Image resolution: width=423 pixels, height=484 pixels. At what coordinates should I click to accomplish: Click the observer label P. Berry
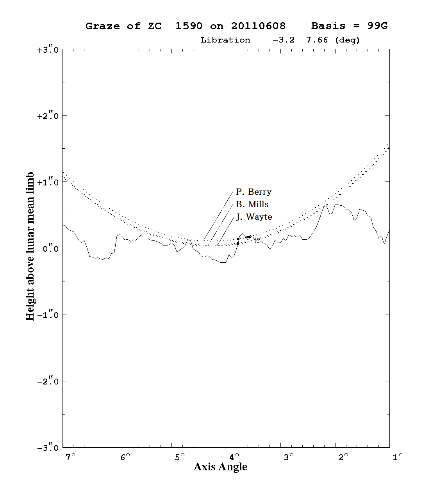coord(253,192)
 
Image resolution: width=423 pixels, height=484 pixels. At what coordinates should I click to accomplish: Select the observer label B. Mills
coord(252,205)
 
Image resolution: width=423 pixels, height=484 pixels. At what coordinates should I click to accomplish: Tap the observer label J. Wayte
coord(254,217)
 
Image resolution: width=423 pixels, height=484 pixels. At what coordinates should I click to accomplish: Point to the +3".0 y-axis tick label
coord(48,50)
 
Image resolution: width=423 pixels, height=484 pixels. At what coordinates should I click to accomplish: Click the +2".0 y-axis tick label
coord(48,116)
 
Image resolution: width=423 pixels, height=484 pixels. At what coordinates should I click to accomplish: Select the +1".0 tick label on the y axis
coord(48,182)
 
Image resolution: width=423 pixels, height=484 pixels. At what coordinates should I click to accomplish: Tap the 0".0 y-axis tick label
coord(50,249)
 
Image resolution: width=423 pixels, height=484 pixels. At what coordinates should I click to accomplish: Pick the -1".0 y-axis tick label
coord(48,315)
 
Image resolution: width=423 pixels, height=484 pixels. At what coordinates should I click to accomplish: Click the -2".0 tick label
coord(48,382)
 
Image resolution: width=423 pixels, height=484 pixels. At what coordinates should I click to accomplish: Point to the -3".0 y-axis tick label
coord(48,448)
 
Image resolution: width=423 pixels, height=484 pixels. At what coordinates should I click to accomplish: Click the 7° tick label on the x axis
coord(71,457)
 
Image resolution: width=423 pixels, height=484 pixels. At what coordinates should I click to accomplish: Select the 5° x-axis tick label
coord(180,457)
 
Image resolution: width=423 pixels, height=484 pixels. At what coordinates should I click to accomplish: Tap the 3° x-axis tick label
coord(289,457)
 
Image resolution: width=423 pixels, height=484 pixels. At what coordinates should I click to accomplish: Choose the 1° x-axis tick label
coord(398,457)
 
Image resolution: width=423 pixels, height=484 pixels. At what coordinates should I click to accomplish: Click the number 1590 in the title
coord(189,26)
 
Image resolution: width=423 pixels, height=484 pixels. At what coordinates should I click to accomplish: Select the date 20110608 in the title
coord(259,26)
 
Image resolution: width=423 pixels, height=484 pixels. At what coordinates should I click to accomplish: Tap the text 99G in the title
coord(378,26)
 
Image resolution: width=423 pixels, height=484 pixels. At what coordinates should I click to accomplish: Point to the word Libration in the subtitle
coord(225,40)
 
